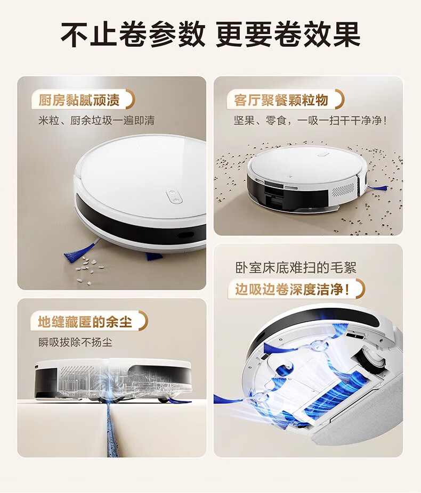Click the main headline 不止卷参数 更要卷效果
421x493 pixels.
pyautogui.click(x=210, y=34)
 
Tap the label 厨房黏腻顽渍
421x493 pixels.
pyautogui.click(x=79, y=100)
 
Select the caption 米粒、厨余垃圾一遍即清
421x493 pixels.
pyautogui.click(x=96, y=120)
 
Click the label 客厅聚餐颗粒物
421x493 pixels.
pyautogui.click(x=281, y=100)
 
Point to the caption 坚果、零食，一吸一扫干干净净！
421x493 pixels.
pyautogui.click(x=310, y=120)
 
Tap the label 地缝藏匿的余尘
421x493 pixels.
pyautogui.click(x=85, y=322)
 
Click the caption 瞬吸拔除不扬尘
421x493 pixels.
pyautogui.click(x=75, y=342)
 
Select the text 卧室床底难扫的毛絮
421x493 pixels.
pyautogui.click(x=296, y=268)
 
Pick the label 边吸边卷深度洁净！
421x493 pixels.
pyautogui.click(x=293, y=289)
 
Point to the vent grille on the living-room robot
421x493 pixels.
pyautogui.click(x=343, y=191)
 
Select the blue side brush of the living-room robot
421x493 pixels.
pyautogui.click(x=378, y=188)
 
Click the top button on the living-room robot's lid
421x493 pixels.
pyautogui.click(x=323, y=155)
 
